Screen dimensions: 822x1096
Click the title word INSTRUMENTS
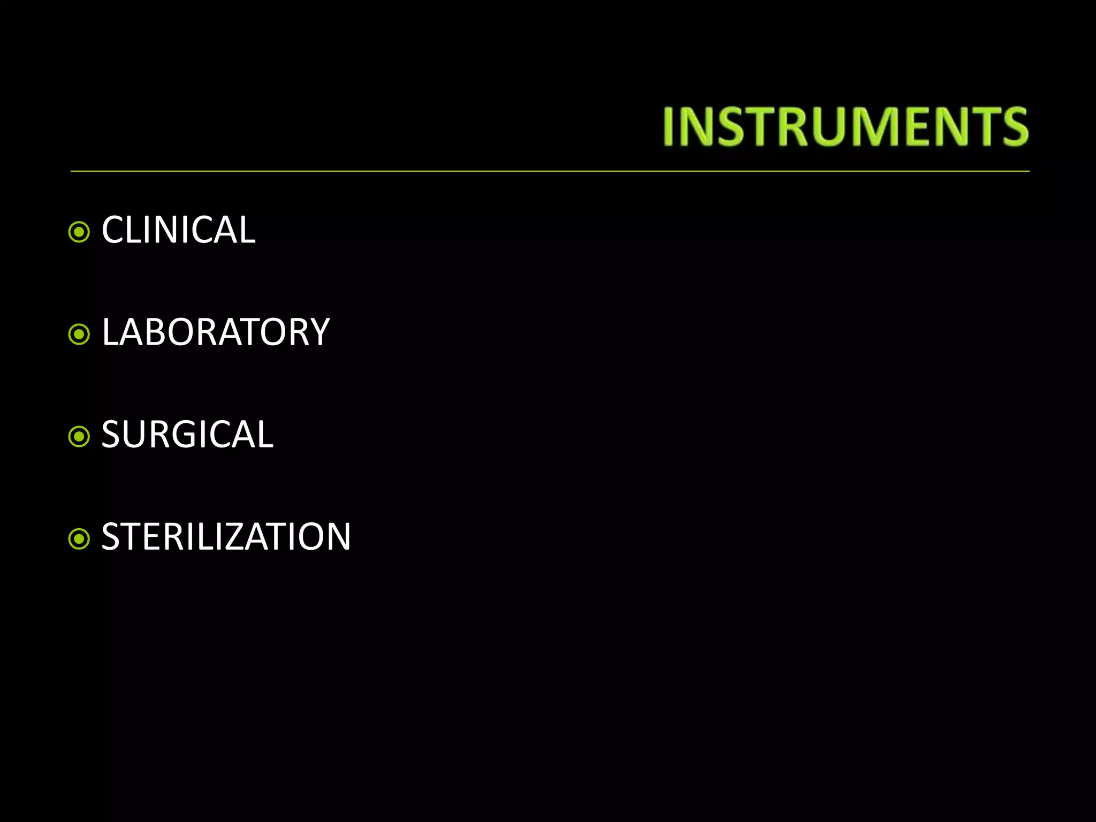click(x=846, y=127)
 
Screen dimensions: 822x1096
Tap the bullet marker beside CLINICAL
click(x=79, y=232)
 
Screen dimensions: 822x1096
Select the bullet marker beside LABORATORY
click(x=79, y=334)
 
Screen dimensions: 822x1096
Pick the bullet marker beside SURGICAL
click(x=79, y=437)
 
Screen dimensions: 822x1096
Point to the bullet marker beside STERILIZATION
click(x=79, y=539)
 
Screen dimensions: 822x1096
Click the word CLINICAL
click(x=178, y=230)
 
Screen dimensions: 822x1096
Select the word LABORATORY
click(x=215, y=332)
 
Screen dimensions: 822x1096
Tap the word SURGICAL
click(x=187, y=435)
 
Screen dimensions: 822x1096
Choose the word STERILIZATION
click(x=226, y=537)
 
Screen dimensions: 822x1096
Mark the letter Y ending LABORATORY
click(x=318, y=332)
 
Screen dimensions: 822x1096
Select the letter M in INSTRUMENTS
click(x=878, y=127)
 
